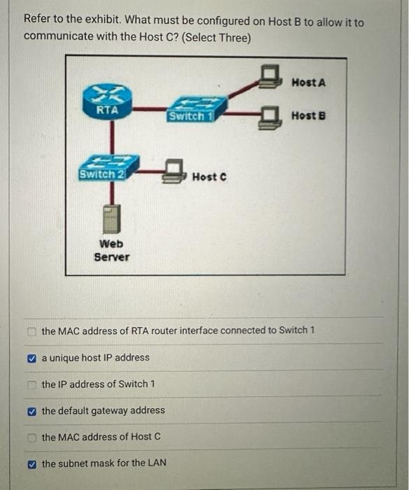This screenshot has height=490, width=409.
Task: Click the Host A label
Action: pos(308,83)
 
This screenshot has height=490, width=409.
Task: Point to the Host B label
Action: pos(308,115)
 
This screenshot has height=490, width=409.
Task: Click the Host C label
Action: pos(208,177)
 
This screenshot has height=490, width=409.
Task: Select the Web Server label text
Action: pos(112,250)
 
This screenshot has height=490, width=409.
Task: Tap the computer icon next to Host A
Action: pos(269,75)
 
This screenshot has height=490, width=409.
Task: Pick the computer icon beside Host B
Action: pos(269,117)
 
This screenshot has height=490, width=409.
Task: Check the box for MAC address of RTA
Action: pos(32,330)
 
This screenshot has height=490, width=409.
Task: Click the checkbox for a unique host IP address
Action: pos(32,358)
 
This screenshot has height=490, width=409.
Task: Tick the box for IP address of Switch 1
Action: pos(32,384)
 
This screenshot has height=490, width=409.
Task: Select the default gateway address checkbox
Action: pos(32,411)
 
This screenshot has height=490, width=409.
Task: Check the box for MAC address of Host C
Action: pos(32,437)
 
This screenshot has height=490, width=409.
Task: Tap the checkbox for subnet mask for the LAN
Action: pos(32,463)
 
